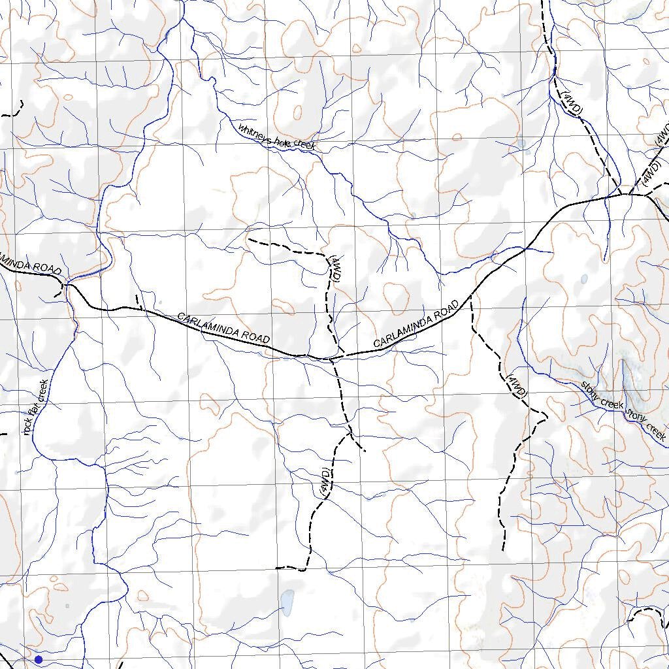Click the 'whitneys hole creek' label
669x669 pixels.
coord(276,137)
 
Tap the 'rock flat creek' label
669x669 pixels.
coord(36,408)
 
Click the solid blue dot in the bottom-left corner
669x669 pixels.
coord(39,660)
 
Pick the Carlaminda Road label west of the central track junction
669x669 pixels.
coord(223,328)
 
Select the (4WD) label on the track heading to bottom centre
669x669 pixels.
coord(325,483)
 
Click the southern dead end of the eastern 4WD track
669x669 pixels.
coord(503,549)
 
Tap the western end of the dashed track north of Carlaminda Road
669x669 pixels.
coord(250,239)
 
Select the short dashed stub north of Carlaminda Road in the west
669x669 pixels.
coord(139,301)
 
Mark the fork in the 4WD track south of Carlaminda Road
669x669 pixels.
coord(351,434)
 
